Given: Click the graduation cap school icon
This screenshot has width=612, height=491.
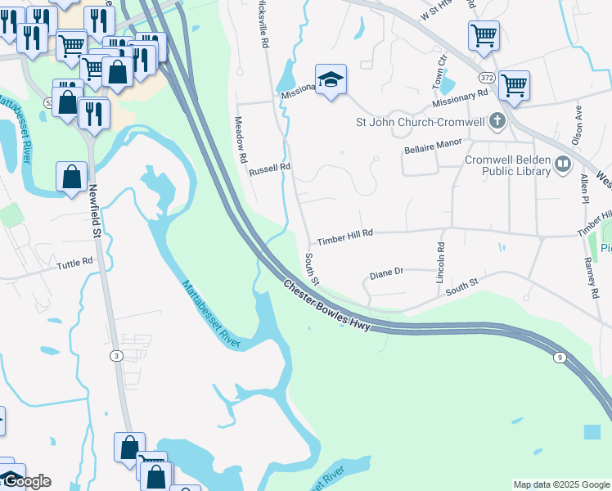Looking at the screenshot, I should point(331,80).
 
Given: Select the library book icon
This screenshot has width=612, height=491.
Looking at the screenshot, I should point(562,164).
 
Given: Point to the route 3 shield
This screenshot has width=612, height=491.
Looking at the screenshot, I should point(118,354).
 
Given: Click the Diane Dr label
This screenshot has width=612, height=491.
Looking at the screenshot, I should point(387,272).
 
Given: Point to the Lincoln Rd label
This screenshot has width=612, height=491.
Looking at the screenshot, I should point(440,263).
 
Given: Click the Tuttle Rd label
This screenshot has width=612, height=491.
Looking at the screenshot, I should point(74,264).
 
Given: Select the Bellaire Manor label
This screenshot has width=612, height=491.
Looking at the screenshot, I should point(434,142).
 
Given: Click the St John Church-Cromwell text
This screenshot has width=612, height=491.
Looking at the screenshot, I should point(418,123).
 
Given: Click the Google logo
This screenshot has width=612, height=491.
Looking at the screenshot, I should point(25,481).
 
